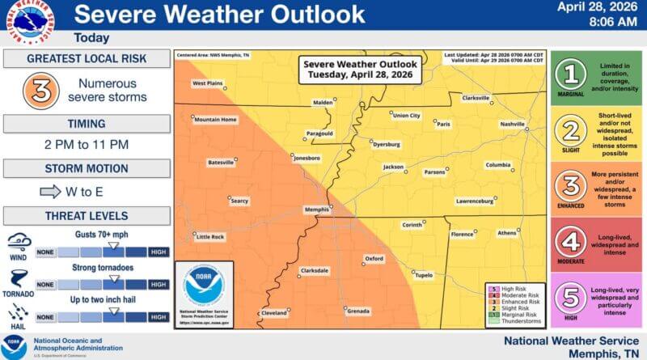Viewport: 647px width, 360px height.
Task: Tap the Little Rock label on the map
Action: (209, 237)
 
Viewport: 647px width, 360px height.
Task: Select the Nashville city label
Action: (513, 124)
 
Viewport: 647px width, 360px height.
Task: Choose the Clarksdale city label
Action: (315, 270)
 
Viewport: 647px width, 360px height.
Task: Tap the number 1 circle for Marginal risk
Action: (573, 75)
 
